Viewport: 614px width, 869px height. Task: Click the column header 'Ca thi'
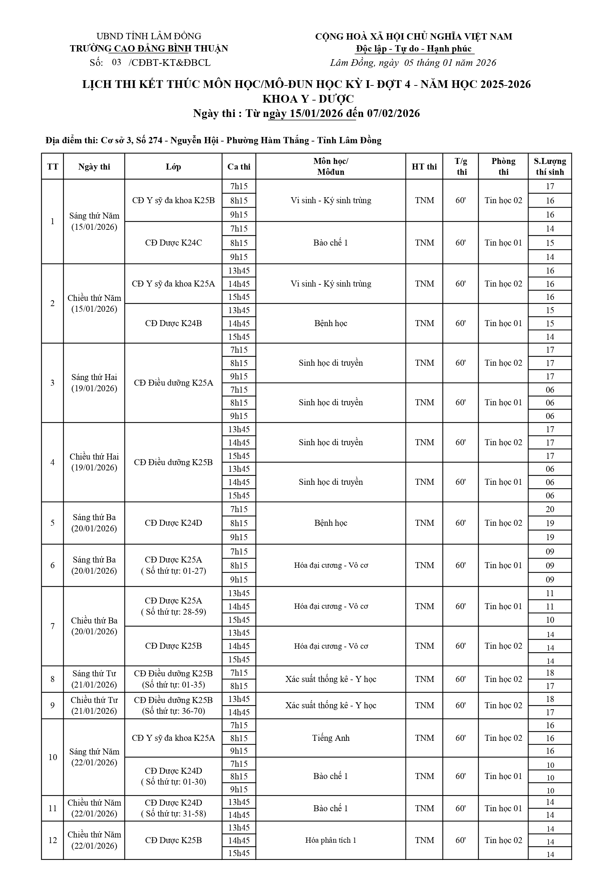pyautogui.click(x=239, y=166)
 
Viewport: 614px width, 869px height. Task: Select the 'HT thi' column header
pyautogui.click(x=424, y=166)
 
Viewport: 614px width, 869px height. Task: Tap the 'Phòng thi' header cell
pyautogui.click(x=503, y=166)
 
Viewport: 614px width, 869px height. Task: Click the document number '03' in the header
pyautogui.click(x=117, y=62)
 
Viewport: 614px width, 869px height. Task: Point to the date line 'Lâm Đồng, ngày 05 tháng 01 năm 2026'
pyautogui.click(x=413, y=63)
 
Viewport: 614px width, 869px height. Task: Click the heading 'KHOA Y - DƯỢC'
pyautogui.click(x=308, y=99)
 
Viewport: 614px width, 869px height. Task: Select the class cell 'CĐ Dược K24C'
pyautogui.click(x=173, y=243)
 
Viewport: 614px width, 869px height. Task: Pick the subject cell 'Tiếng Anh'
pyautogui.click(x=331, y=738)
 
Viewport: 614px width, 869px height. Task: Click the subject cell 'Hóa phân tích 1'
pyautogui.click(x=331, y=840)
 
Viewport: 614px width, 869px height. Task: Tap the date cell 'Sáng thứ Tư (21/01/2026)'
pyautogui.click(x=94, y=679)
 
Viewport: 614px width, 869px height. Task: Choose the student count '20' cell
pyautogui.click(x=550, y=509)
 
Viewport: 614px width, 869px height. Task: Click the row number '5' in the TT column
pyautogui.click(x=52, y=523)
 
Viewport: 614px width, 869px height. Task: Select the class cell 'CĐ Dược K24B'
pyautogui.click(x=173, y=323)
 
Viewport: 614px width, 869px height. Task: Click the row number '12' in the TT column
pyautogui.click(x=52, y=840)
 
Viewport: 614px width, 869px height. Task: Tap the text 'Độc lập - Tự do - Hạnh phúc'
pyautogui.click(x=414, y=49)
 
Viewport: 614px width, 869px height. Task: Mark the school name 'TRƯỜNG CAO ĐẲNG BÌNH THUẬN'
pyautogui.click(x=149, y=48)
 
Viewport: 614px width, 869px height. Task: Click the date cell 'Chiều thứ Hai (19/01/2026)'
pyautogui.click(x=94, y=462)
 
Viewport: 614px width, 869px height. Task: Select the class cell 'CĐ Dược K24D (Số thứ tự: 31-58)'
pyautogui.click(x=173, y=808)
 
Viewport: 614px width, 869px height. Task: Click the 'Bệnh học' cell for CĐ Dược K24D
pyautogui.click(x=331, y=523)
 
